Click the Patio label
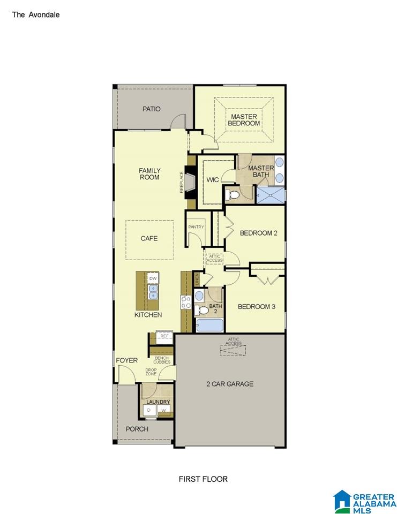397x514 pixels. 151,109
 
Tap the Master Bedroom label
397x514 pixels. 244,120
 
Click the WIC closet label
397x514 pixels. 212,180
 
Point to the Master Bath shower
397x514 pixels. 271,195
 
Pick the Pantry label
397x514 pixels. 196,227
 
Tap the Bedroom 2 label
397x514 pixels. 259,233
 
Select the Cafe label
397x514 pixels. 149,238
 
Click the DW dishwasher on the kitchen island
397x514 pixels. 153,278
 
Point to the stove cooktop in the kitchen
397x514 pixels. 186,302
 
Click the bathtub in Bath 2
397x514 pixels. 209,325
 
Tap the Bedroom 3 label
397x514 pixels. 257,307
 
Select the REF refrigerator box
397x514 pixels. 164,337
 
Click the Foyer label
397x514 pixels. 126,360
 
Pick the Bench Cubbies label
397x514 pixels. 162,360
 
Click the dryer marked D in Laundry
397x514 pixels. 149,410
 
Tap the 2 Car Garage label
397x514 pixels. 230,384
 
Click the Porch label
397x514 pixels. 137,429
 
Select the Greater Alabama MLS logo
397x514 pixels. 364,502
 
